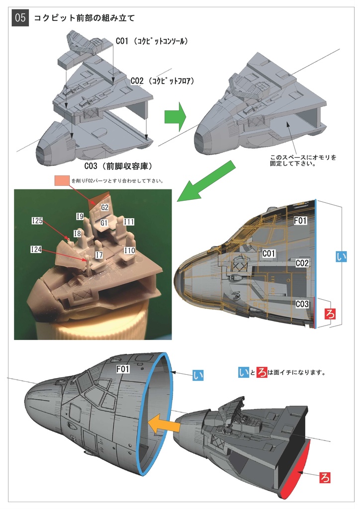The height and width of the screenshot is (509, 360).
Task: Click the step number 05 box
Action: pos(20,18)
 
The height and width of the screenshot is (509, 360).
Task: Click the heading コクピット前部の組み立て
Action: pos(84,18)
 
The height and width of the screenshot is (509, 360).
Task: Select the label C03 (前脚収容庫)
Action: pos(117,166)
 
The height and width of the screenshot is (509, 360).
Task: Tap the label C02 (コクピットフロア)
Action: pos(162,81)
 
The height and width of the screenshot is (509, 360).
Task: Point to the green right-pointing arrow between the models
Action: pos(175,118)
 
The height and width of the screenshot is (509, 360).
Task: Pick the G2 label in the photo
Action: pos(104,207)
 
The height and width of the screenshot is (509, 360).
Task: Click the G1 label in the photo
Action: pos(104,223)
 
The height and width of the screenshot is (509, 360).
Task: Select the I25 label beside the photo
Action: pos(37,221)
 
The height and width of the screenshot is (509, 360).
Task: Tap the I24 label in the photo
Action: pos(36,250)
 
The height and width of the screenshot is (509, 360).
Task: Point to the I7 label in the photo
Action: pos(99,254)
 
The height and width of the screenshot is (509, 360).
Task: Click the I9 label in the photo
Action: pos(80,216)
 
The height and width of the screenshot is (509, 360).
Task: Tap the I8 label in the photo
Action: pos(77,233)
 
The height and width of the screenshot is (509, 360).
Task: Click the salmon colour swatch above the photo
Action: pos(62,180)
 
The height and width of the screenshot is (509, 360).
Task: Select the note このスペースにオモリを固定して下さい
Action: pos(303,160)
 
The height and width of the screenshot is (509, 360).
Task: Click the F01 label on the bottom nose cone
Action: pos(123,369)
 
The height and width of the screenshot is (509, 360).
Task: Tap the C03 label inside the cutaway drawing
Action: pos(303,304)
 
